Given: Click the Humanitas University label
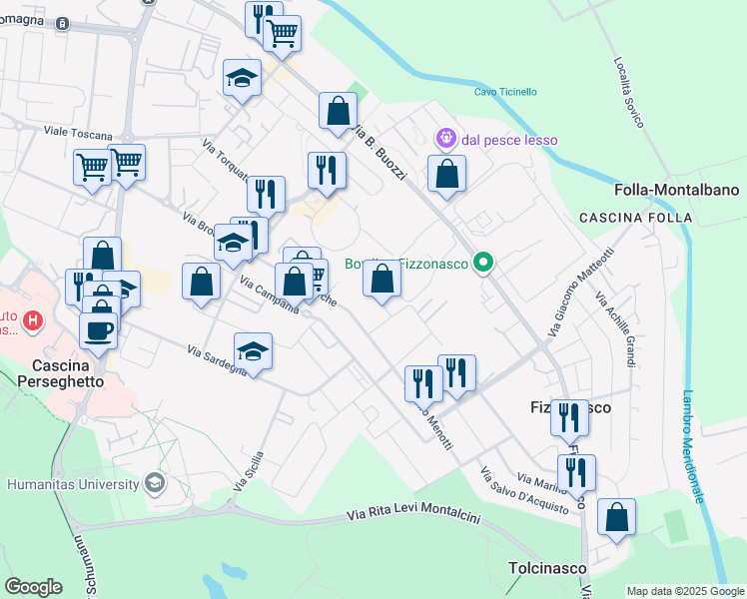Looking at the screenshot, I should coord(73,484).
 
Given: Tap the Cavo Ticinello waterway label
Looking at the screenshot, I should coord(505,92).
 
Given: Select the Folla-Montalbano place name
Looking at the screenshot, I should coord(677,190).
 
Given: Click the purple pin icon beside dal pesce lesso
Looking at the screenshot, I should coord(445,138).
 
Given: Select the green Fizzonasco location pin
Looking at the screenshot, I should coord(484,264).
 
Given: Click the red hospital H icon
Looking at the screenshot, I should coord(34,320).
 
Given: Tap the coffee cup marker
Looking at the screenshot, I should coord(98,331).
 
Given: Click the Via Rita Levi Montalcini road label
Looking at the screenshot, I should coord(413,516).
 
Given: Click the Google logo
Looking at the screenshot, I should coord(34,587).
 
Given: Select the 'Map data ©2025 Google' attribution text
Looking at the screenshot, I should coord(684,591).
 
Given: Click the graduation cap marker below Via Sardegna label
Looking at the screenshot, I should coord(254,351).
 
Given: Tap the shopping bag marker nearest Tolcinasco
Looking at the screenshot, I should coord(617,518).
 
